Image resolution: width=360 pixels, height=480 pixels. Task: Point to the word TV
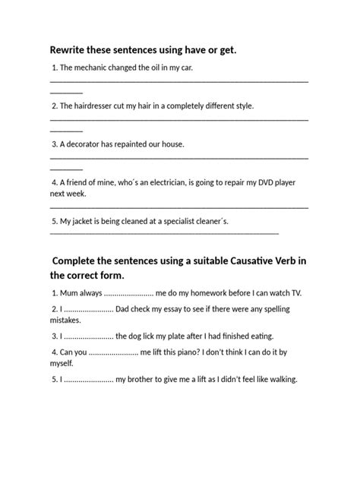tap(292, 292)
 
